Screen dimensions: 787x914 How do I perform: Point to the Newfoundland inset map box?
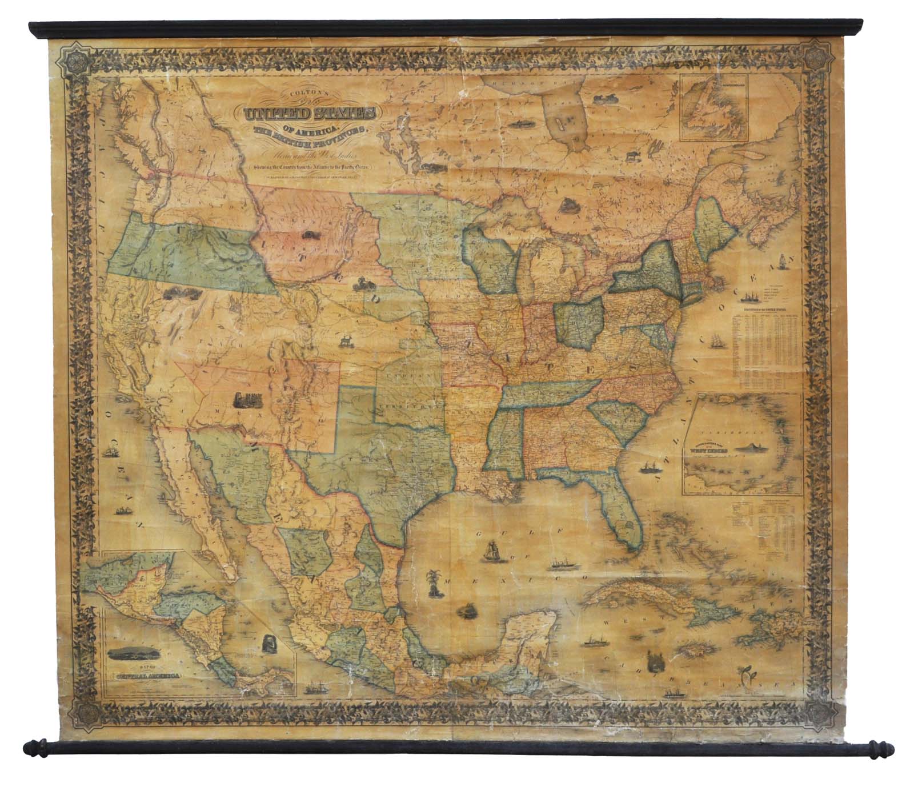click(715, 109)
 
